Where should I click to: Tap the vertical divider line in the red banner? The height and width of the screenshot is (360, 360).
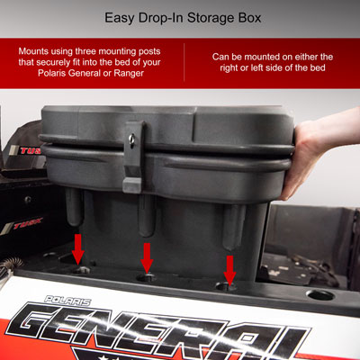(184, 61)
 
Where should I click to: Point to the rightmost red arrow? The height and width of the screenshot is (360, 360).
(229, 267)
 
